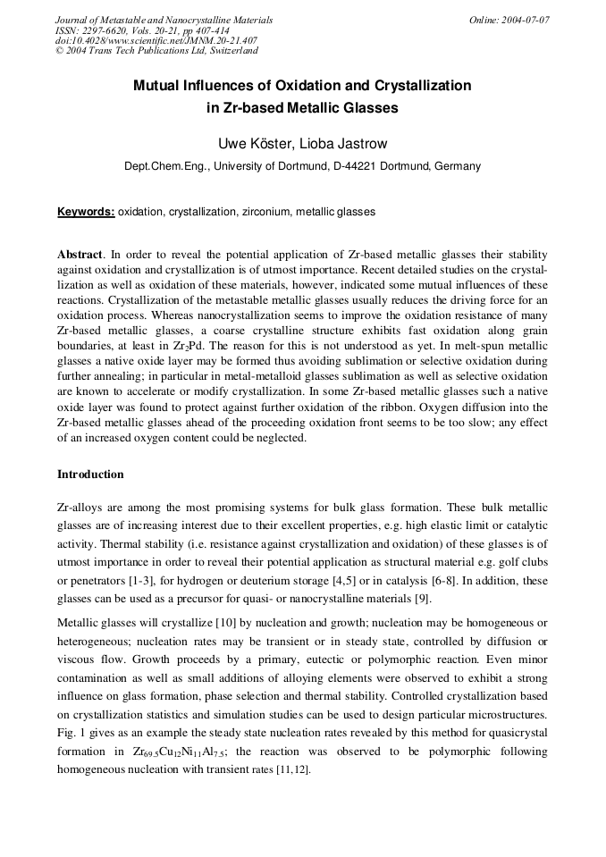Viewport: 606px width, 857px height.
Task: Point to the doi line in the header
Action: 156,40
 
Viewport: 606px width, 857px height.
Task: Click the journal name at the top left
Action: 164,20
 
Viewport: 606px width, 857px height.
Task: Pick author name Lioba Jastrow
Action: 343,143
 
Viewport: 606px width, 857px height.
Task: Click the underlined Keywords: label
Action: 86,213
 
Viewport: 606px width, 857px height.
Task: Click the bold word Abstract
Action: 80,255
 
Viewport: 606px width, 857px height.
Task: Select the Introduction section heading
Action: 90,475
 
